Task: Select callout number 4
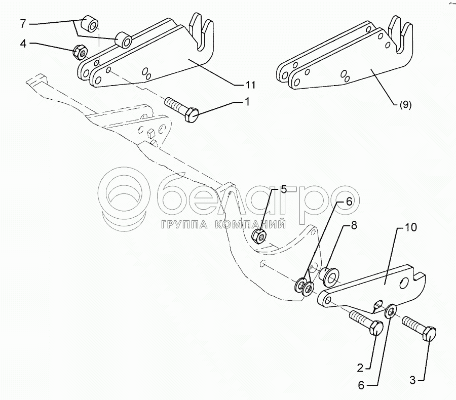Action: tap(23, 44)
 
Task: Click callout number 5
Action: tap(283, 190)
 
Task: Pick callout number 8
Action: tap(353, 226)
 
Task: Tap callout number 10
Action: tap(410, 228)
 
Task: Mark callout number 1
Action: tap(247, 102)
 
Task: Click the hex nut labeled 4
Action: tap(79, 51)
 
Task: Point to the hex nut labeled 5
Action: tap(260, 235)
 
